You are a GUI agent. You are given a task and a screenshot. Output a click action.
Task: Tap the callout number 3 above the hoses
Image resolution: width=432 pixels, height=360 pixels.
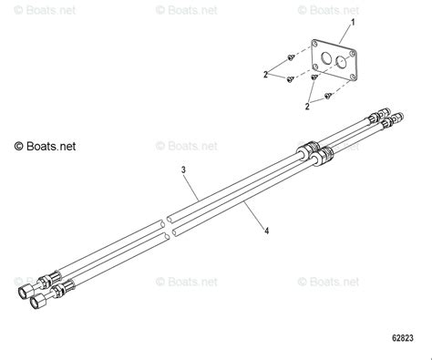pyautogui.click(x=183, y=170)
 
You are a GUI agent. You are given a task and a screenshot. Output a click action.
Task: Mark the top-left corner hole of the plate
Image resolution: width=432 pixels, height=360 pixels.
pyautogui.click(x=315, y=46)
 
